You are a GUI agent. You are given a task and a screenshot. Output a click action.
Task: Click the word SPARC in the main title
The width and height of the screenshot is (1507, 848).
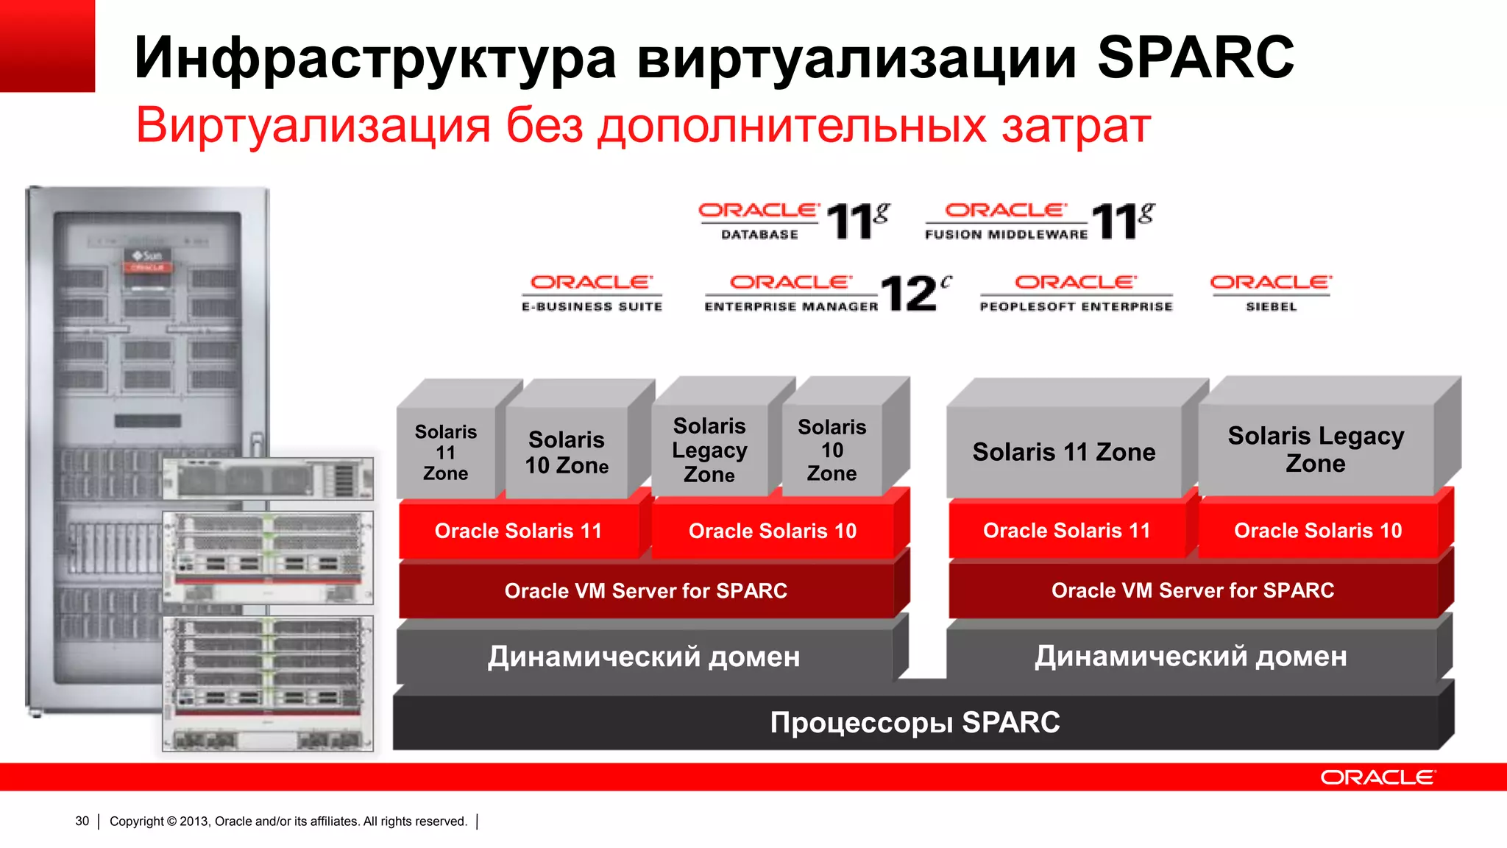(x=1195, y=57)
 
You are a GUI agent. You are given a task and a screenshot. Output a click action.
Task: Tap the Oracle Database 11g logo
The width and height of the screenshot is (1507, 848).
(x=793, y=221)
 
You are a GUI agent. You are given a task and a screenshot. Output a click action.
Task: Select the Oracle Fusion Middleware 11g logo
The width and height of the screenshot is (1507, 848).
(x=1039, y=221)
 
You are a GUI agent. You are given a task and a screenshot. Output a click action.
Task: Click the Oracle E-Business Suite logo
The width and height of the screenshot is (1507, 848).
(x=592, y=293)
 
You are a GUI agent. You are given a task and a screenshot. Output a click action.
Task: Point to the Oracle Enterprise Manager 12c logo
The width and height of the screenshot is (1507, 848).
(x=827, y=293)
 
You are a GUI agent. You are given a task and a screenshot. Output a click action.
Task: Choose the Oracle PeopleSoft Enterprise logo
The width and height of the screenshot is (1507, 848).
(x=1076, y=293)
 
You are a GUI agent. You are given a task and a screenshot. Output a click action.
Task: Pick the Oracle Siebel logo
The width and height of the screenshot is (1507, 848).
(x=1271, y=293)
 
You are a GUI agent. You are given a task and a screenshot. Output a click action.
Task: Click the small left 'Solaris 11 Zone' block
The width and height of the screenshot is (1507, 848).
(x=446, y=452)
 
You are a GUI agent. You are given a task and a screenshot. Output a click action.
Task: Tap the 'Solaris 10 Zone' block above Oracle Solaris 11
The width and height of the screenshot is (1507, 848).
(x=567, y=453)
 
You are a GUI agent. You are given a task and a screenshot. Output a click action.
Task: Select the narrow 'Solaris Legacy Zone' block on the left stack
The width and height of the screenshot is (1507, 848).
(x=709, y=450)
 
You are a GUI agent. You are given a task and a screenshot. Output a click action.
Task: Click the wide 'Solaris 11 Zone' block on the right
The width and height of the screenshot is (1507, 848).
(x=1064, y=452)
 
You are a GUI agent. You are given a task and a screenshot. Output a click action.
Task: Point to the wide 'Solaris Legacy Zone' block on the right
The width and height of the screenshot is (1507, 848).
(x=1316, y=450)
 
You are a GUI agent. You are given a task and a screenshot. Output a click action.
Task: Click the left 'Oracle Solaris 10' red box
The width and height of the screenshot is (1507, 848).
(x=773, y=531)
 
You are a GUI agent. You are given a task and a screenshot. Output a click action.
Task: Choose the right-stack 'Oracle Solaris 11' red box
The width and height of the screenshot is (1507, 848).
(x=1067, y=531)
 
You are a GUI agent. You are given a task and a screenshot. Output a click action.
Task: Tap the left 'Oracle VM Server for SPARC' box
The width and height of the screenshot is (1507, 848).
(x=645, y=590)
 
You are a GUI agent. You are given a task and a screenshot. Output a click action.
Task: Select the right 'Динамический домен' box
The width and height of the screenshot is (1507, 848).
(x=1191, y=656)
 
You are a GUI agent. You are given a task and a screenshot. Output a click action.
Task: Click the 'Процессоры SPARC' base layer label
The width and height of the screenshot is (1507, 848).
(x=915, y=723)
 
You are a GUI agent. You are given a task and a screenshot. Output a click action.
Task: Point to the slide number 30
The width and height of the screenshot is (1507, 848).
(x=82, y=821)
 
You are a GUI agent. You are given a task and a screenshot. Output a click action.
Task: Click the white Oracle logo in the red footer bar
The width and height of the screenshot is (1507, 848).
(x=1377, y=777)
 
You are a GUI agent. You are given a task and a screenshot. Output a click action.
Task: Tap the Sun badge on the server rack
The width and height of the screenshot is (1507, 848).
(x=148, y=258)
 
